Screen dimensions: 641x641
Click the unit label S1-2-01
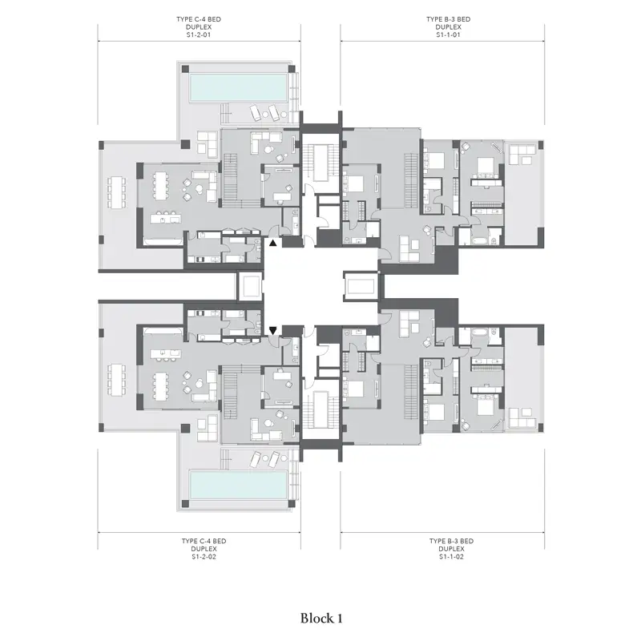point(199,35)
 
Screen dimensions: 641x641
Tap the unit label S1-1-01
point(448,35)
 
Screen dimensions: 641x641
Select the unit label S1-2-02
point(204,557)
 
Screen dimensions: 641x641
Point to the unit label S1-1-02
point(451,557)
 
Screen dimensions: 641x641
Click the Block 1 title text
point(321,619)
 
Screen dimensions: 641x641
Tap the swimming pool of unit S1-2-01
point(238,87)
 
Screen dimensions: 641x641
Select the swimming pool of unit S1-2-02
point(238,485)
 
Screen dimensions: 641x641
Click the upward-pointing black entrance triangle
point(272,243)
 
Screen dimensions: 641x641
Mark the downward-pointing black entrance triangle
point(272,330)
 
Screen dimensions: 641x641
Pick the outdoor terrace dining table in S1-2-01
point(116,192)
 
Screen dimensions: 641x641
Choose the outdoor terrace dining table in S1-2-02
point(116,380)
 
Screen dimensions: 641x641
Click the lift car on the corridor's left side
point(250,286)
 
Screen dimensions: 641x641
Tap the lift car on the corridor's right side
point(361,286)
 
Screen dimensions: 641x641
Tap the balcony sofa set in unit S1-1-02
point(522,417)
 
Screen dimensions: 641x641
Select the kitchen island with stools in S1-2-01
point(165,217)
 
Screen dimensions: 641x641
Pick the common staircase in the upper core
point(321,163)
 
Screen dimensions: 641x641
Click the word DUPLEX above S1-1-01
point(448,27)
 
